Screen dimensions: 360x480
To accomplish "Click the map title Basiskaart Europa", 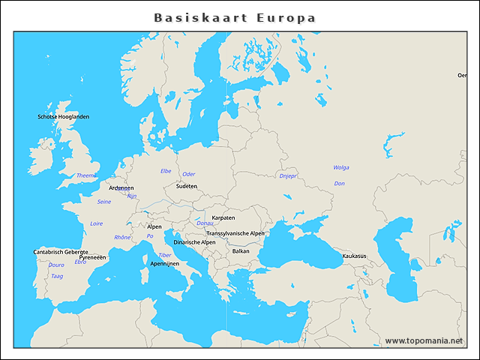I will click(235, 17).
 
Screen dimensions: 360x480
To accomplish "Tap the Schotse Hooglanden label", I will click(63, 117).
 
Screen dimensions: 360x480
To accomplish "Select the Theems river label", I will click(86, 175).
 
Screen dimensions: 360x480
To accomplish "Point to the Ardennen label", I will click(121, 188).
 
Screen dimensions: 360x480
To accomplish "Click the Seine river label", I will click(104, 202).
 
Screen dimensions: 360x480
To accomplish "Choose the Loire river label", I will click(96, 223).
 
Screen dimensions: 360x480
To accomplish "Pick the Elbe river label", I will click(166, 171).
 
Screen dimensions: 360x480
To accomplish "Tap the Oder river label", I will click(189, 174).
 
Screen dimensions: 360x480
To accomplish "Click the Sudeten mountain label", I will click(187, 186).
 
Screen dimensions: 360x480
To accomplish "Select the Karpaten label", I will click(223, 217).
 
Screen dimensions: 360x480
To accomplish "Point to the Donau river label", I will click(205, 223).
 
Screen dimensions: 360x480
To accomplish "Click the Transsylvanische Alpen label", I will click(235, 233).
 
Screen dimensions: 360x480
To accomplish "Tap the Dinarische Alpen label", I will click(194, 242).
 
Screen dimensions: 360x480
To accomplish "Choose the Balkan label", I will click(241, 251).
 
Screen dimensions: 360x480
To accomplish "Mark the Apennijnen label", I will click(164, 264).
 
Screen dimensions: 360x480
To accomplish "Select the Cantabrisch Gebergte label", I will click(61, 252).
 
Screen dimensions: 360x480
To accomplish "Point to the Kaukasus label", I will click(354, 256).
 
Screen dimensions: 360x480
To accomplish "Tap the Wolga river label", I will click(341, 167).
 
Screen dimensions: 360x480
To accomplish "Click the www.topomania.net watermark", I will click(424, 341).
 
